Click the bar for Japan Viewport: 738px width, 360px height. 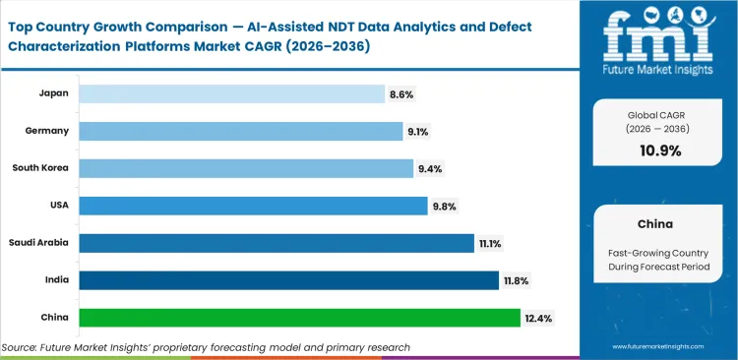click(x=231, y=93)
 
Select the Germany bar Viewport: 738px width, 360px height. click(x=241, y=131)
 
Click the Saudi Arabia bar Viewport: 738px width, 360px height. click(x=277, y=243)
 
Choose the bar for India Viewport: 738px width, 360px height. click(x=288, y=280)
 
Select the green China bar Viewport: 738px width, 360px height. click(x=299, y=318)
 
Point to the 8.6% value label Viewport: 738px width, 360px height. click(x=402, y=93)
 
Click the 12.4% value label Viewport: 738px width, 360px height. click(x=539, y=318)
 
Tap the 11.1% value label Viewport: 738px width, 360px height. click(x=493, y=243)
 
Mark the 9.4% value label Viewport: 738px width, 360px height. click(x=431, y=168)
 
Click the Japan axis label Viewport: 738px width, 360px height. click(x=53, y=93)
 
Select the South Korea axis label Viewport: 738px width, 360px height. click(x=41, y=168)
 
